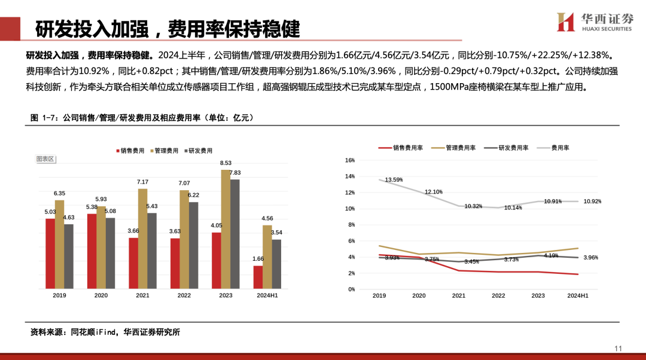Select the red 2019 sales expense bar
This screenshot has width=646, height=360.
click(50, 252)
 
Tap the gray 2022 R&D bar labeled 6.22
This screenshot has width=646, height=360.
click(193, 245)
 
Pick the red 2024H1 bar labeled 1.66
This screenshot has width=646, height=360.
click(258, 277)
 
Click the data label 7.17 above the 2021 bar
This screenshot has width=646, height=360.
click(142, 182)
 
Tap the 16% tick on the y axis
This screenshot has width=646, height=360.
click(351, 160)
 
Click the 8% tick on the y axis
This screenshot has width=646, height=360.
click(352, 225)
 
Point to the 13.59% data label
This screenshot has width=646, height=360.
click(394, 179)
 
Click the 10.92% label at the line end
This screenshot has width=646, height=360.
click(592, 202)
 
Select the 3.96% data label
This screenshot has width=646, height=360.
click(591, 258)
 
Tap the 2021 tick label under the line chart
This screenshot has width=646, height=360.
click(459, 295)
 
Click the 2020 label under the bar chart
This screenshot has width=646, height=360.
click(101, 295)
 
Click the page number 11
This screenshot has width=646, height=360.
click(618, 349)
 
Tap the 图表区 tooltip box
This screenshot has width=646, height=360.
click(45, 159)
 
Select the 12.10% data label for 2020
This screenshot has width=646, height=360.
click(434, 192)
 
